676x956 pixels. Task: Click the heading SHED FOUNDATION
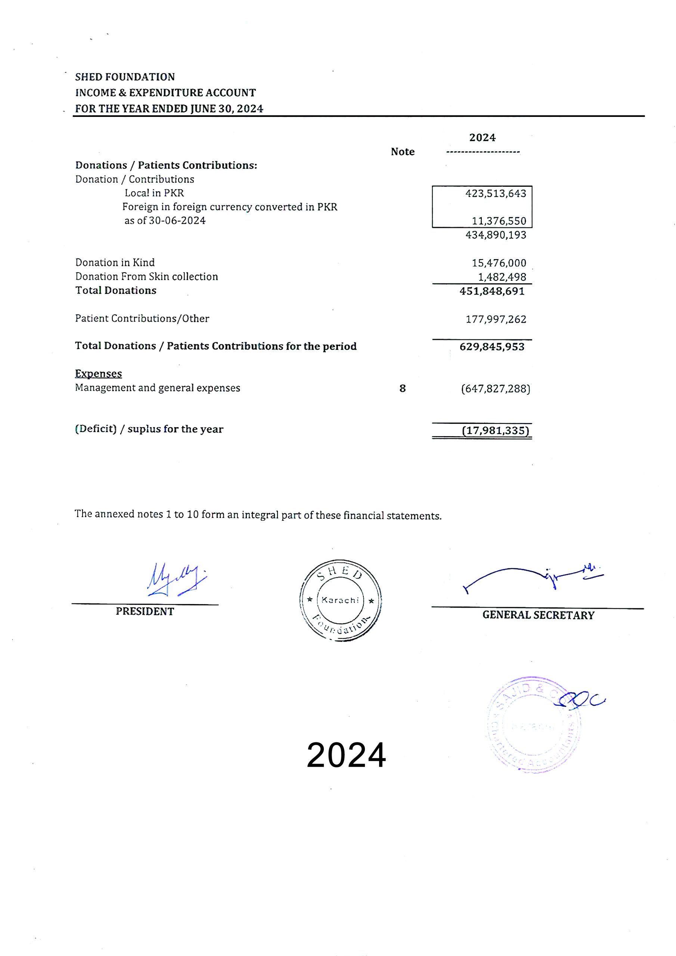click(x=125, y=77)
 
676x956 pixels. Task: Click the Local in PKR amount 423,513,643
click(x=495, y=193)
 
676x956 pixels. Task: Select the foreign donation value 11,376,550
click(x=499, y=221)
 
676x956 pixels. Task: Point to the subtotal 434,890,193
click(x=495, y=235)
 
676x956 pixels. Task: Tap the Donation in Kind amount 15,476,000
click(x=499, y=263)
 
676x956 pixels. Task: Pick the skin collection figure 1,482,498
click(x=502, y=277)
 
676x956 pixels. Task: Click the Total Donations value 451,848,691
click(x=492, y=291)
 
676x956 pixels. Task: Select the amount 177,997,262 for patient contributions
click(x=495, y=319)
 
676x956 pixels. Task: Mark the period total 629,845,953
click(x=492, y=347)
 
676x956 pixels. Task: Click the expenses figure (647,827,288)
click(x=495, y=389)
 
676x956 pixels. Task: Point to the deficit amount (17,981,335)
click(x=495, y=431)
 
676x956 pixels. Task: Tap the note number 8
click(x=402, y=388)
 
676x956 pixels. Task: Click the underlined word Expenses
click(x=98, y=373)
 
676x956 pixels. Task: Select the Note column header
click(x=402, y=152)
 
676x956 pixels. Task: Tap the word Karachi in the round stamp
click(x=340, y=600)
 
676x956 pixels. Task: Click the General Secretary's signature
click(x=533, y=577)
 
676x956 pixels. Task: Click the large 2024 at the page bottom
click(x=346, y=755)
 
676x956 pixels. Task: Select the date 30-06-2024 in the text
click(x=177, y=221)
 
